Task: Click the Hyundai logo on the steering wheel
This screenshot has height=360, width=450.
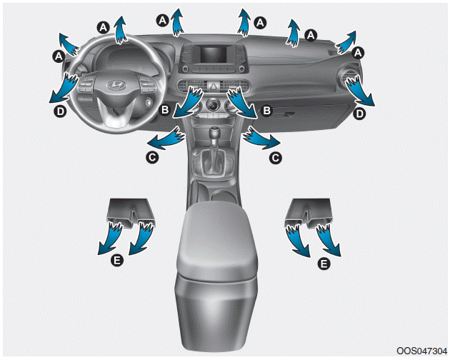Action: click(116, 85)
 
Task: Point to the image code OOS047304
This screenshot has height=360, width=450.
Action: click(422, 351)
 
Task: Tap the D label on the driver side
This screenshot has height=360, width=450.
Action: click(61, 111)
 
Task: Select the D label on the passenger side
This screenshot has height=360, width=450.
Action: click(359, 114)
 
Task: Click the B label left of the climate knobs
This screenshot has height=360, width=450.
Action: click(165, 109)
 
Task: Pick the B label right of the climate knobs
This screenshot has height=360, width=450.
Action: click(266, 111)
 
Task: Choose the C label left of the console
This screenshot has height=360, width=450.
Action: click(152, 157)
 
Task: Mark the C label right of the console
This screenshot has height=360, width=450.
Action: click(275, 158)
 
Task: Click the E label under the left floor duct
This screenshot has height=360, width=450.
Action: click(117, 261)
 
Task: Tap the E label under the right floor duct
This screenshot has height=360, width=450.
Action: click(324, 264)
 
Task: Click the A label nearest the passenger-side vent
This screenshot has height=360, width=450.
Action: click(358, 53)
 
